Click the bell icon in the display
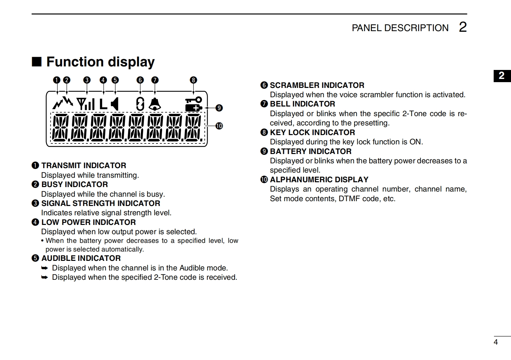tap(155, 104)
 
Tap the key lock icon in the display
tap(194, 99)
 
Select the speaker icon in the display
tap(115, 104)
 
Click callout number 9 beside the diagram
tap(219, 108)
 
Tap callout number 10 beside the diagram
tap(219, 126)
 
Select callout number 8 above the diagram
tap(193, 80)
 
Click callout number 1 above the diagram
tap(56, 80)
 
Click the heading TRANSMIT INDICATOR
tap(83, 166)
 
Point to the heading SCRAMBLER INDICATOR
tap(317, 85)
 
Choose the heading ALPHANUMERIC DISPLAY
tap(319, 180)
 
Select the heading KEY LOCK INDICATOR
tap(312, 133)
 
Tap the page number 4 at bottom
tap(496, 342)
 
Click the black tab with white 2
tap(502, 76)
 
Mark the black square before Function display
tap(37, 62)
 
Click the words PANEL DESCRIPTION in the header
tap(400, 28)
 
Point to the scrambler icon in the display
tap(140, 104)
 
